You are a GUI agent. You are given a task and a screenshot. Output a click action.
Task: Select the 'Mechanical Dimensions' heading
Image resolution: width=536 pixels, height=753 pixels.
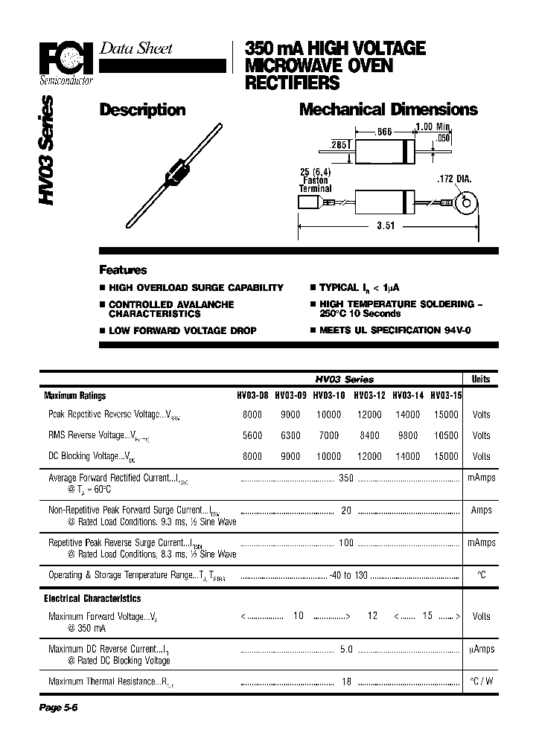(388, 110)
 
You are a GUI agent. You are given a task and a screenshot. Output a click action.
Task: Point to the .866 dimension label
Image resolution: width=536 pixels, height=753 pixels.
(383, 132)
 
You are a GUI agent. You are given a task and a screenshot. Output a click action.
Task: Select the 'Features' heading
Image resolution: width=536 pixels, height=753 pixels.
(123, 270)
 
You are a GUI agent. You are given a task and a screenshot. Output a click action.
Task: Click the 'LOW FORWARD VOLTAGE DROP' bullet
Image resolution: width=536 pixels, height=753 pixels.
(182, 330)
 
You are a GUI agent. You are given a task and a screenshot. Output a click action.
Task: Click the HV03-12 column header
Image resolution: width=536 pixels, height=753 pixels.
(368, 396)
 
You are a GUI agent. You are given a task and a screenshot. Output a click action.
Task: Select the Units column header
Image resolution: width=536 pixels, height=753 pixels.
(481, 379)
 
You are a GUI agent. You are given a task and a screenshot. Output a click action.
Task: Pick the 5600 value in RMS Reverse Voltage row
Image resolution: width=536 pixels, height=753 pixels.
(252, 436)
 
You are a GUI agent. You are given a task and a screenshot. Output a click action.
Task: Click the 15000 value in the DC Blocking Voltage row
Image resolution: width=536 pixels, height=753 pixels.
(445, 456)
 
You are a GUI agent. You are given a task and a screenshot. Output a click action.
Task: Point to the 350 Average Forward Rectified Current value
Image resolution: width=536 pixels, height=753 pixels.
(345, 478)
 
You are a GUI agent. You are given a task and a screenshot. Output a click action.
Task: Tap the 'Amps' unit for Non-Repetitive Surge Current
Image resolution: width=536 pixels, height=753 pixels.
(481, 510)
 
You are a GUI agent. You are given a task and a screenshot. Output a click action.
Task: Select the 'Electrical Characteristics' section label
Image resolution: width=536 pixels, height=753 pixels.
(92, 598)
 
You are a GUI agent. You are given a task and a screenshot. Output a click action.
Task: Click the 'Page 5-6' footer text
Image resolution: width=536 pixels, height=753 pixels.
(58, 708)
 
